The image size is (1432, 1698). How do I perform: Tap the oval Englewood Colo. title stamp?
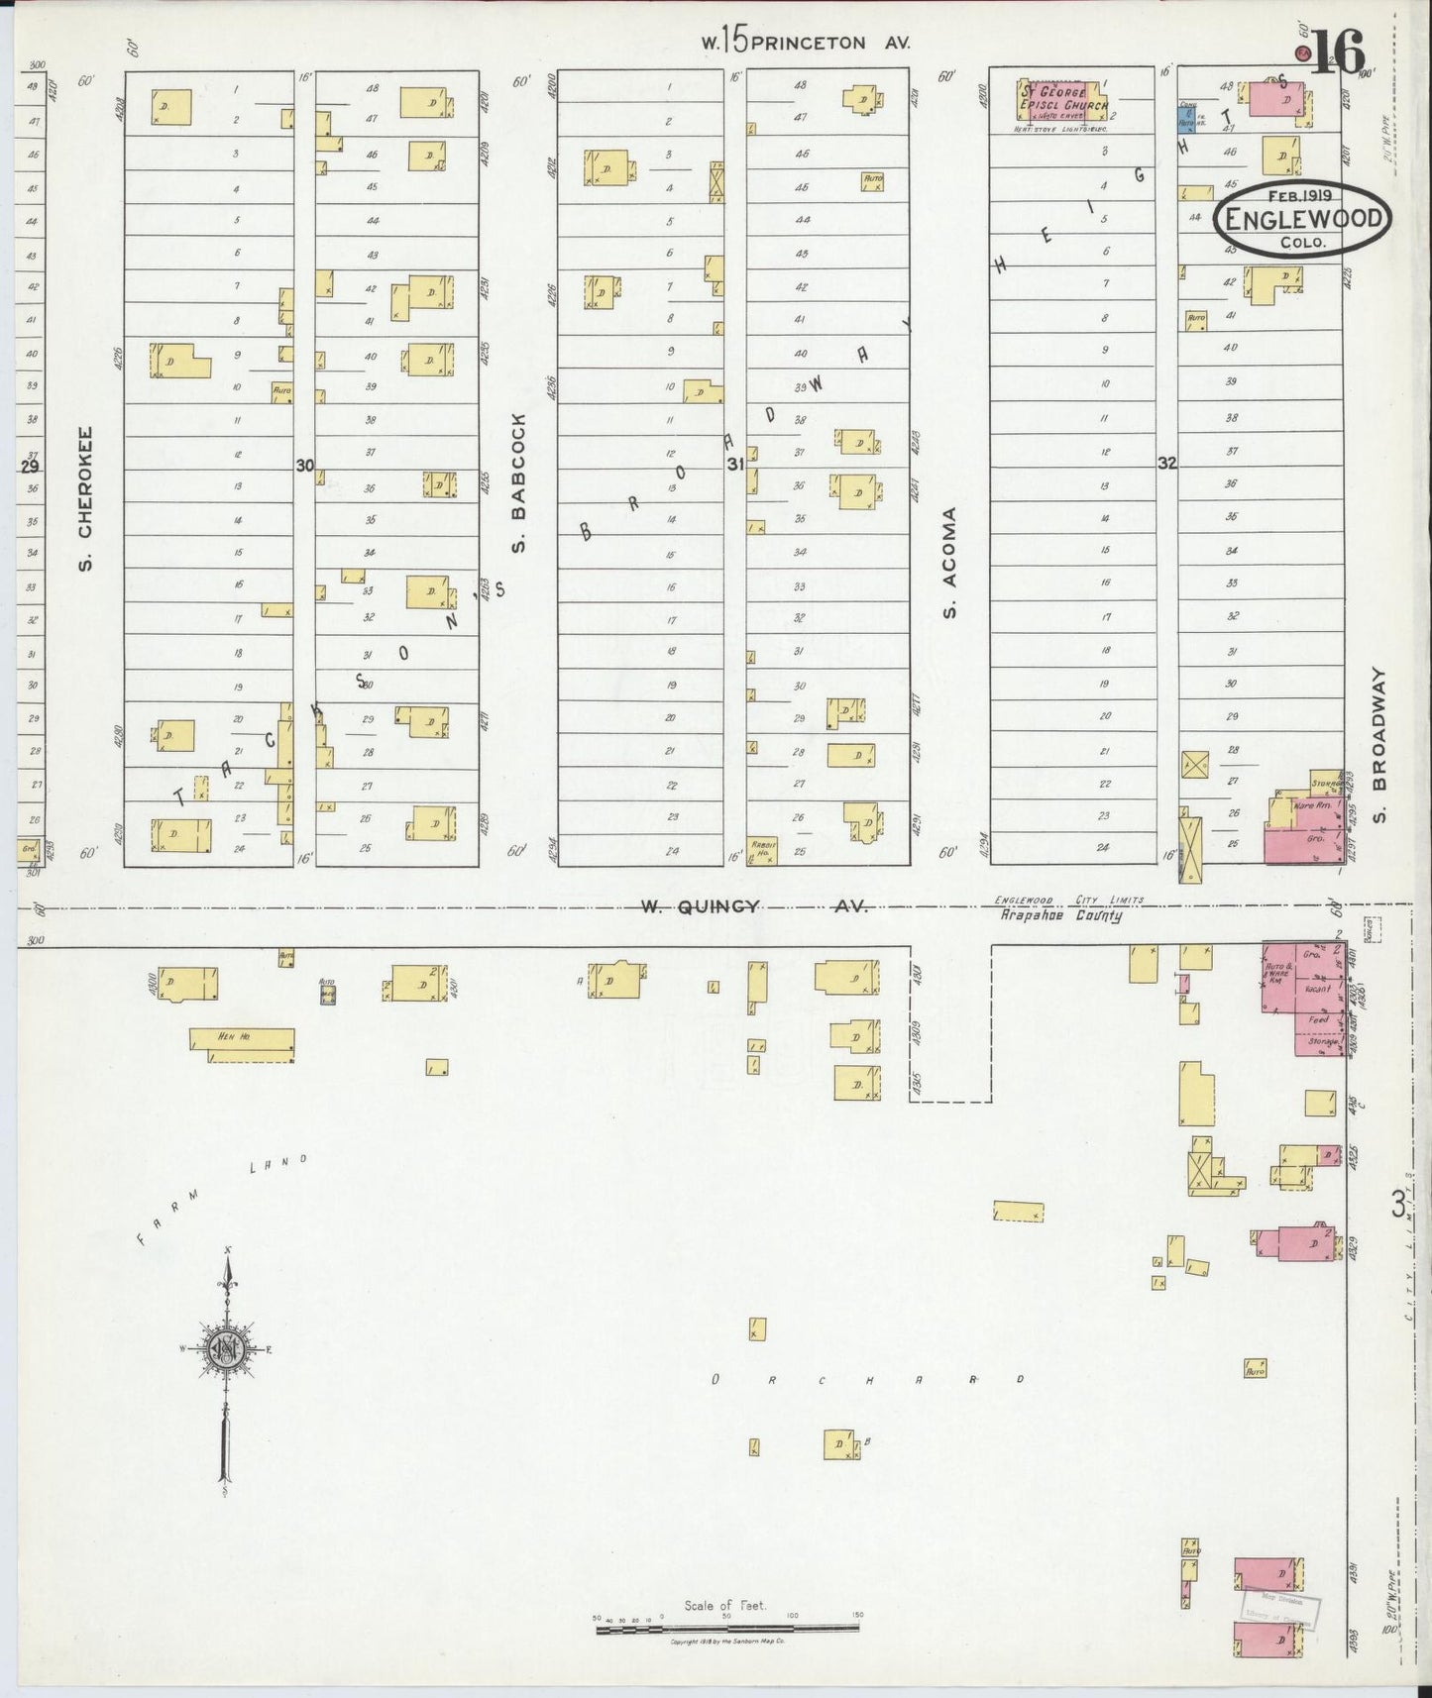pyautogui.click(x=1302, y=220)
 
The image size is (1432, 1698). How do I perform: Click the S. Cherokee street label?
pyautogui.click(x=86, y=498)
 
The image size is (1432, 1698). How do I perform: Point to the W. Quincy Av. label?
pyautogui.click(x=753, y=905)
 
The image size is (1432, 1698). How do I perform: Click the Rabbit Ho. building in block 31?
pyautogui.click(x=761, y=850)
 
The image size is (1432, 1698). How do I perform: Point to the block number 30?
pyautogui.click(x=304, y=465)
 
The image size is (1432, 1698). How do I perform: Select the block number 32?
pyautogui.click(x=1166, y=463)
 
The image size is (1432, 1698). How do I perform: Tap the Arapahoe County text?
pyautogui.click(x=1059, y=917)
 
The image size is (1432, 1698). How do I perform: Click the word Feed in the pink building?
pyautogui.click(x=1317, y=1019)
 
